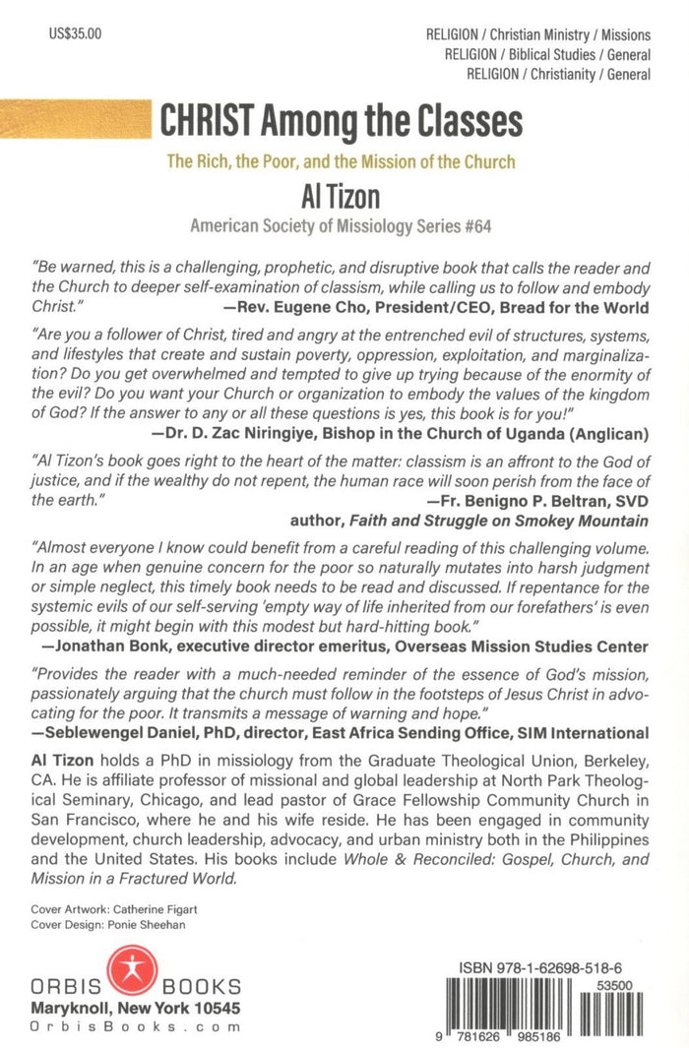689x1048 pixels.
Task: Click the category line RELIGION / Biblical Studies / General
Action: (x=547, y=53)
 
